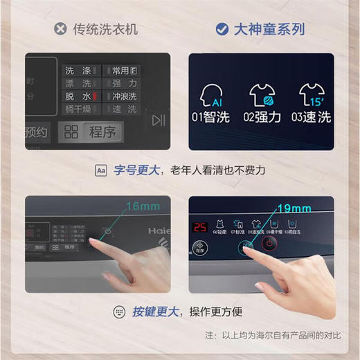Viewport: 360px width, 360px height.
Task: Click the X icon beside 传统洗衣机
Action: point(60,29)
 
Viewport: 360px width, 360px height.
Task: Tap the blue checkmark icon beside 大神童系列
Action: point(222,29)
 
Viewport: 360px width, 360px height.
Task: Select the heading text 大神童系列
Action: point(269,29)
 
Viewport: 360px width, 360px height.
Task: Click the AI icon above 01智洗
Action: point(211,93)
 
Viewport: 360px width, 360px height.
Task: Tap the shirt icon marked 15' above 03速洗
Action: point(311,93)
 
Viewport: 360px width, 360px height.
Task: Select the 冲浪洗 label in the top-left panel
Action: point(125,96)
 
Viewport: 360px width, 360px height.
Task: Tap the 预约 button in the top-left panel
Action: point(36,132)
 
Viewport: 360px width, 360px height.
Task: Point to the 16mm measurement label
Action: point(142,206)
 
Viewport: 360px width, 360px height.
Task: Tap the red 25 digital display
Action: point(200,227)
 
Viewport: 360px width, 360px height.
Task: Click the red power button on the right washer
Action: point(269,244)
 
